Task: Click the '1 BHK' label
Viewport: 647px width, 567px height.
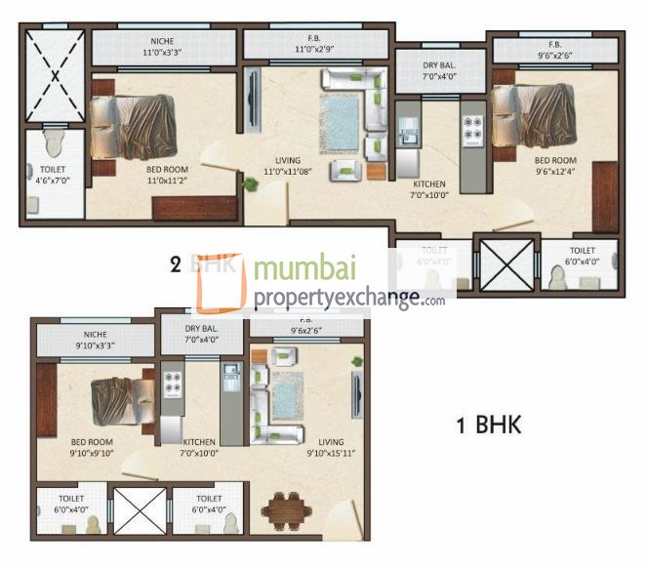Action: click(x=489, y=425)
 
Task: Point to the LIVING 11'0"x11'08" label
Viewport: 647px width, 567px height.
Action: click(x=287, y=165)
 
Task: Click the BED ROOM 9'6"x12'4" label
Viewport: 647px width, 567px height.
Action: click(x=554, y=165)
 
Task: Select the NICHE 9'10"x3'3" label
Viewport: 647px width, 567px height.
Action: click(x=95, y=340)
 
